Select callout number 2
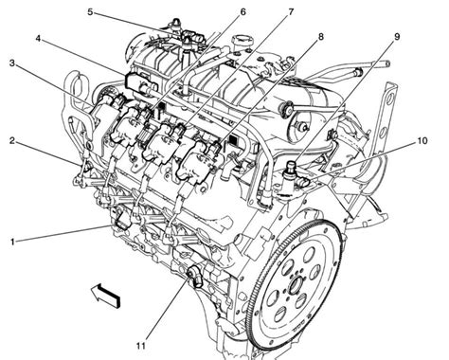(11, 141)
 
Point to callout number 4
(38, 39)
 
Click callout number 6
(242, 12)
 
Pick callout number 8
(321, 37)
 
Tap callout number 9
(397, 37)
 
